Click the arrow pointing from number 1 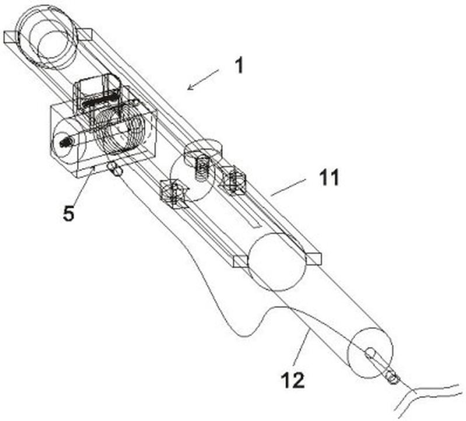point(203,80)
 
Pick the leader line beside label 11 point(288,187)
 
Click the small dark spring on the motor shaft point(64,140)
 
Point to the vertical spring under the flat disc point(201,167)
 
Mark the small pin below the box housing point(115,169)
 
